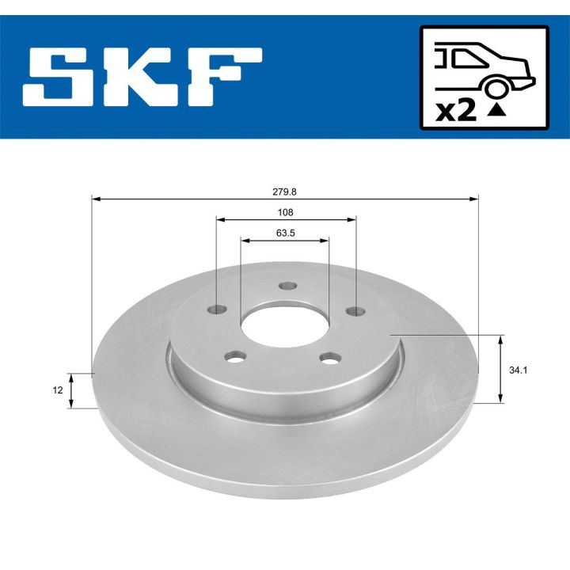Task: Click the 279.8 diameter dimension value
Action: pyautogui.click(x=285, y=191)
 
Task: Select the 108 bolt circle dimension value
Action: pyautogui.click(x=285, y=212)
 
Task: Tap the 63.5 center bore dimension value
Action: pyautogui.click(x=285, y=233)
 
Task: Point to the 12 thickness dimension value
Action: pyautogui.click(x=58, y=389)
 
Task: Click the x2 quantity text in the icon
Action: pyautogui.click(x=457, y=111)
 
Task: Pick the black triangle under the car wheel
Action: pyautogui.click(x=496, y=111)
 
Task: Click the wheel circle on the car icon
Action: pyautogui.click(x=496, y=87)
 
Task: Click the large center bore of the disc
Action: pyautogui.click(x=283, y=323)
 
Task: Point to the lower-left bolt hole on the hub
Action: pyautogui.click(x=233, y=358)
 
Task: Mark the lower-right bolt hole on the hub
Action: pyautogui.click(x=328, y=358)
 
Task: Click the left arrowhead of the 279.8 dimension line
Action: pyautogui.click(x=95, y=199)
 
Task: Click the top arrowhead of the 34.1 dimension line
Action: pyautogui.click(x=500, y=339)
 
